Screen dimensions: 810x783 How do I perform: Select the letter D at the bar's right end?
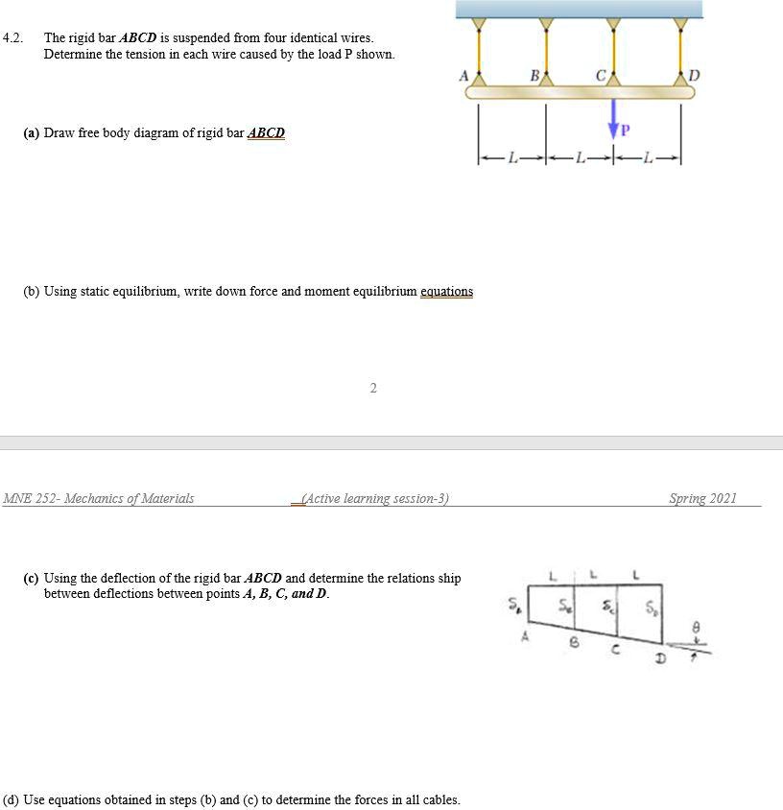pos(695,74)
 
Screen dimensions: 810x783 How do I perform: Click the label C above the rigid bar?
pos(599,74)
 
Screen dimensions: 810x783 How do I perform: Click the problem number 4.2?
pos(12,38)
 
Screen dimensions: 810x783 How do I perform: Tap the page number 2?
pos(373,388)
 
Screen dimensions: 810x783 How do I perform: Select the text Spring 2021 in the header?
pos(702,498)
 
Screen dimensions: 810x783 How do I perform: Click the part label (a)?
pos(32,132)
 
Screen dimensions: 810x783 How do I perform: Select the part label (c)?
pos(32,578)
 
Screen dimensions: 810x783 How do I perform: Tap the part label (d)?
pos(12,798)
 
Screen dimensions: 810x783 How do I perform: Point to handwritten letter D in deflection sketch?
pos(659,658)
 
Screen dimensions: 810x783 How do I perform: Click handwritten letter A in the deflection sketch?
pos(525,634)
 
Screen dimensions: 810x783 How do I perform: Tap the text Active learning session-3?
pos(375,498)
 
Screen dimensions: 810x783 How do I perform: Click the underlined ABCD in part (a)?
pos(266,132)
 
